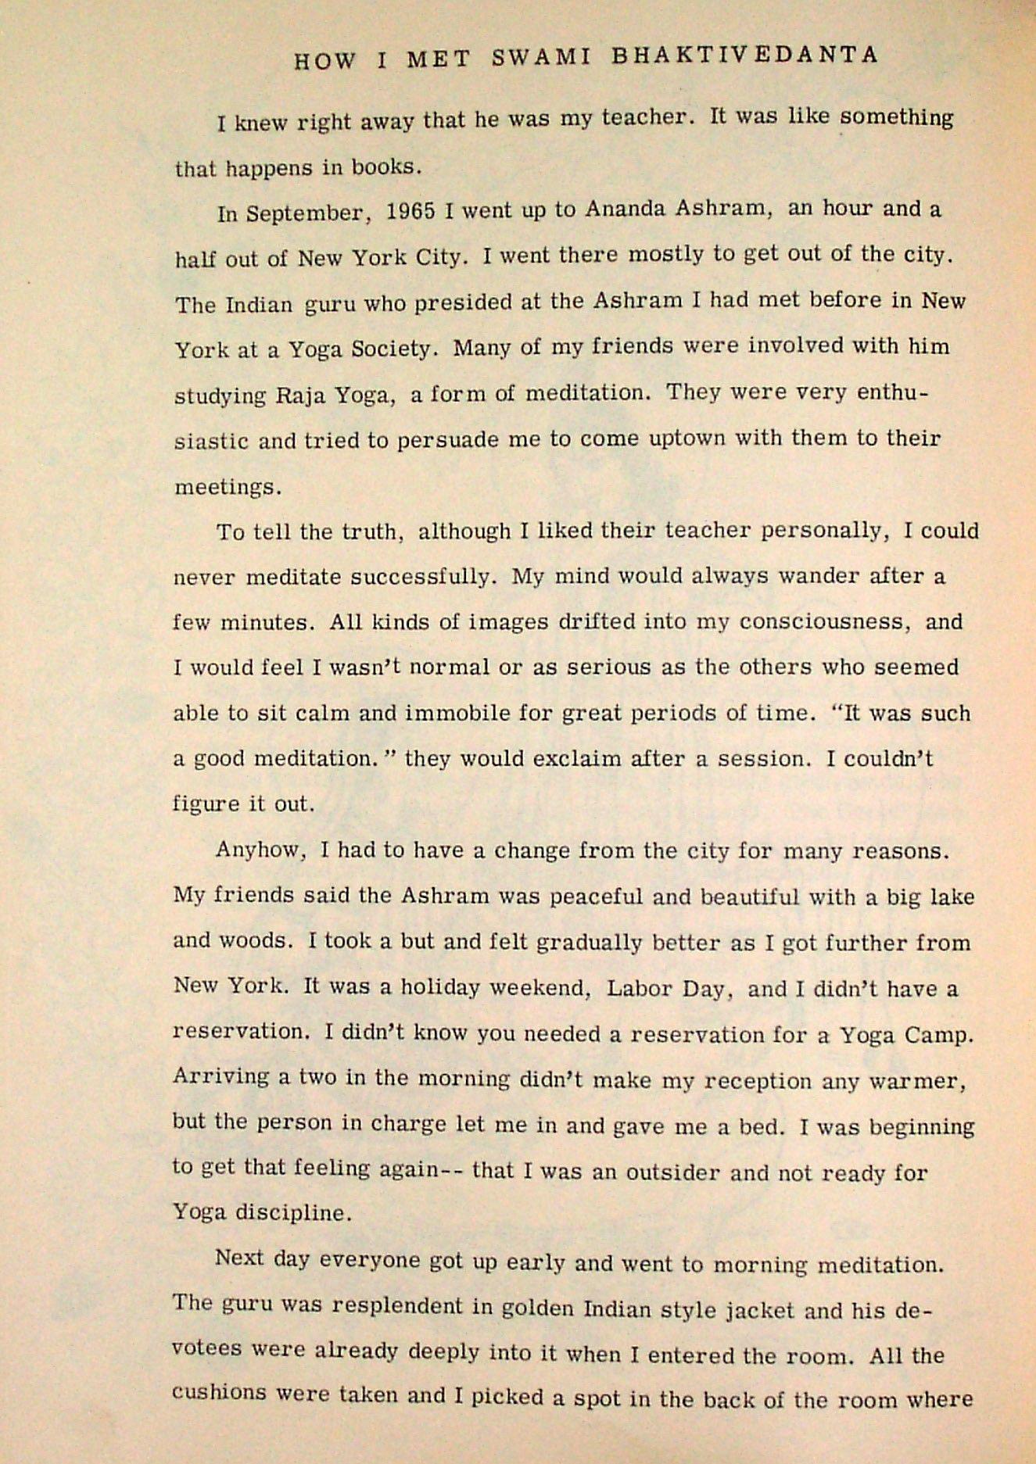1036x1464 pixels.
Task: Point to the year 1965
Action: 410,213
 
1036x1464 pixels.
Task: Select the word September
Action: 306,214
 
